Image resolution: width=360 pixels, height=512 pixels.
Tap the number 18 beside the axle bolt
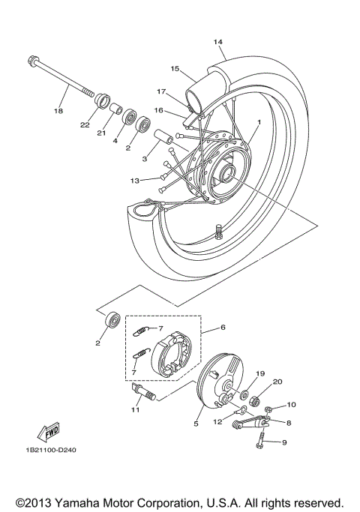pyautogui.click(x=58, y=111)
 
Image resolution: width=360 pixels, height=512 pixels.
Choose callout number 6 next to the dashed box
pyautogui.click(x=223, y=327)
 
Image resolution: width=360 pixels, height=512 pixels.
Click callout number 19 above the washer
pyautogui.click(x=261, y=373)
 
